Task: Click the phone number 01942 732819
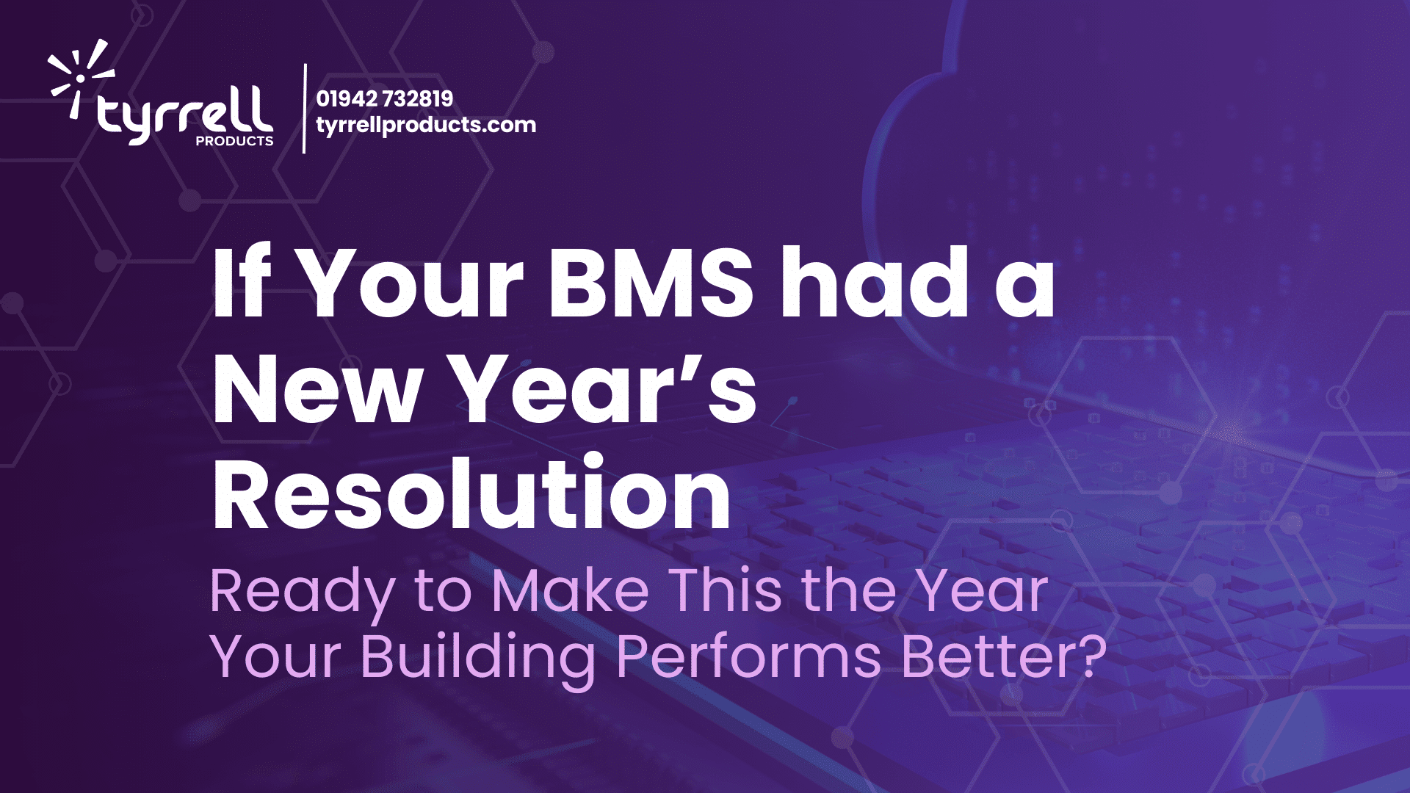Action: (x=384, y=98)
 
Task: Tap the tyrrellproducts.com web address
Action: (x=426, y=125)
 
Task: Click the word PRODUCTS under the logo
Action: (x=234, y=141)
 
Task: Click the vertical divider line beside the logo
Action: (x=305, y=109)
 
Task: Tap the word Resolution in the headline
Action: (x=471, y=493)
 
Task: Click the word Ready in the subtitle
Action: (x=302, y=592)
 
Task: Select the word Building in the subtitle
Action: (x=477, y=657)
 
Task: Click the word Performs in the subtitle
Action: (x=748, y=657)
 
